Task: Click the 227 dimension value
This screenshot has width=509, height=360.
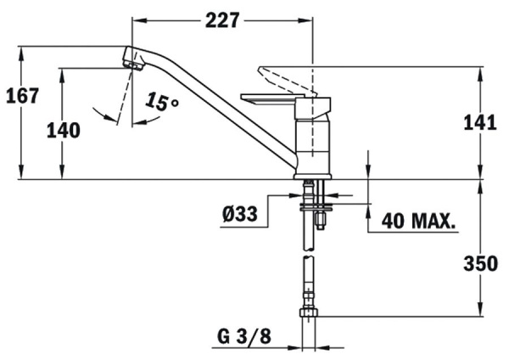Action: (x=222, y=20)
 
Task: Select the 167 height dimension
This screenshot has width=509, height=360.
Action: (x=22, y=95)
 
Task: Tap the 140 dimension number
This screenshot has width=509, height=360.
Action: (x=64, y=130)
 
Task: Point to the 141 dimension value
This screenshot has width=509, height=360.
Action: (x=480, y=123)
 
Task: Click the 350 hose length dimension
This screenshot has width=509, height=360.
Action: (x=480, y=264)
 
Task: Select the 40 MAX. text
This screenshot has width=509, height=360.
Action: (x=418, y=221)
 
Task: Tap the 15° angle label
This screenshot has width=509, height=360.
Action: (x=162, y=103)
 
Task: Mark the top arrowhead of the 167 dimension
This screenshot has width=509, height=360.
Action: (x=22, y=48)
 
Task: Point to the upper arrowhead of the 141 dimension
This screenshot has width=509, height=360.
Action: (x=480, y=69)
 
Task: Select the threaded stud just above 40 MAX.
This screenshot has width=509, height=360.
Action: (x=321, y=219)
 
